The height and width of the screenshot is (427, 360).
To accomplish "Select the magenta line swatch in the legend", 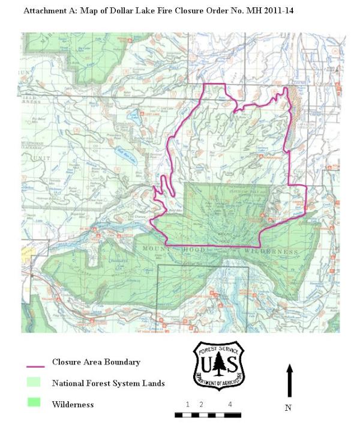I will (36, 364).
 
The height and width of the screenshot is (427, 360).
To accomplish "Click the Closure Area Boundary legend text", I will (96, 362).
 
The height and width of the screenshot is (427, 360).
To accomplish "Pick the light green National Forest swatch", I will (33, 383).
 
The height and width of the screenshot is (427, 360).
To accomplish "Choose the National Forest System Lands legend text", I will (108, 383).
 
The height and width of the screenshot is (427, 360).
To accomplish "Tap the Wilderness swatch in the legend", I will (33, 403).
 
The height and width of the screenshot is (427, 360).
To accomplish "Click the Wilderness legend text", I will (73, 404).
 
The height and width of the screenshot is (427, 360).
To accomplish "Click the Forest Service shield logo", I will (218, 365).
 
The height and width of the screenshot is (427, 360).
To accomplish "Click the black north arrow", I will (290, 380).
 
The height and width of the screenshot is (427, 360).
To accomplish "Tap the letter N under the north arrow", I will (289, 408).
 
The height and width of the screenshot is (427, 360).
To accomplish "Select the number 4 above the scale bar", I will (230, 404).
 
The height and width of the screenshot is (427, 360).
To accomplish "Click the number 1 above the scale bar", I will (188, 404).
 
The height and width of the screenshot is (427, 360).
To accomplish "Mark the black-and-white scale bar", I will (208, 414).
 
